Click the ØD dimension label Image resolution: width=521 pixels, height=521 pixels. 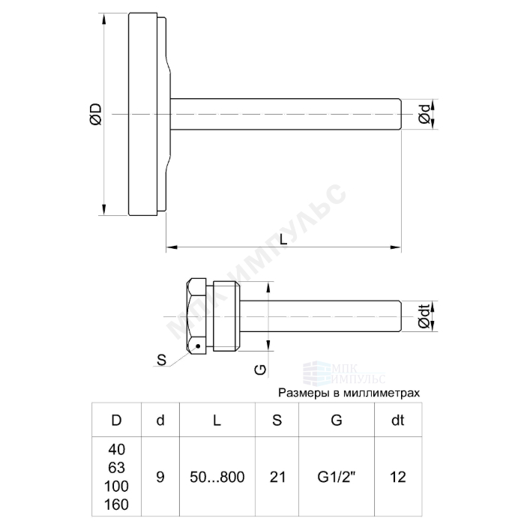[x=96, y=114]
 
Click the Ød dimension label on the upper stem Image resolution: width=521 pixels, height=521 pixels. [x=424, y=114]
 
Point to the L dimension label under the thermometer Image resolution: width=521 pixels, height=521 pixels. [x=283, y=239]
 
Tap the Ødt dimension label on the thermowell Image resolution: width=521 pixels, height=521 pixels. [x=424, y=316]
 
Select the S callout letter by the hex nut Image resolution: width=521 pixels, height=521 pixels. [x=161, y=360]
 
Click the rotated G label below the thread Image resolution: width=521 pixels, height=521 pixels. [x=261, y=370]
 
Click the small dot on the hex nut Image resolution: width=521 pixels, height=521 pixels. [x=198, y=346]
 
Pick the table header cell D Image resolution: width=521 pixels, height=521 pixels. [x=116, y=421]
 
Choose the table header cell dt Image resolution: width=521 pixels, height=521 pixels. [x=398, y=421]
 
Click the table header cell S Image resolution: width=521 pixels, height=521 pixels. [x=277, y=421]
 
